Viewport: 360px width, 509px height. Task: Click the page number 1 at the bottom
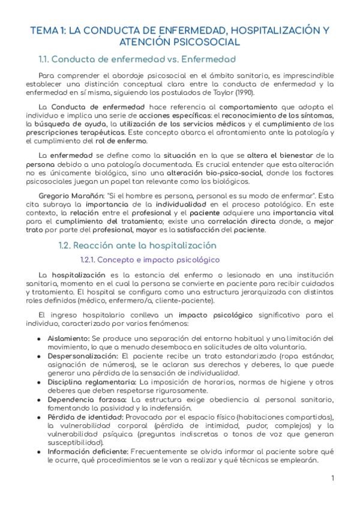click(x=332, y=478)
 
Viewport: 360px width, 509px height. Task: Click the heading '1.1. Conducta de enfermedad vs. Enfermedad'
click(x=136, y=59)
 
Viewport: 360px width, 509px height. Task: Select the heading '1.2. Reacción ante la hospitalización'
click(x=137, y=245)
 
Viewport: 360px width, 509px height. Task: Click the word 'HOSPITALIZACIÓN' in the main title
click(x=272, y=29)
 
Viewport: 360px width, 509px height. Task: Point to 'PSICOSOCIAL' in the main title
click(x=205, y=42)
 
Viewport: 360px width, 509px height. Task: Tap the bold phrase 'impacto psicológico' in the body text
click(x=215, y=315)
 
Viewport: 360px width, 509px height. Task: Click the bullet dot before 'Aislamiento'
click(x=39, y=339)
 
